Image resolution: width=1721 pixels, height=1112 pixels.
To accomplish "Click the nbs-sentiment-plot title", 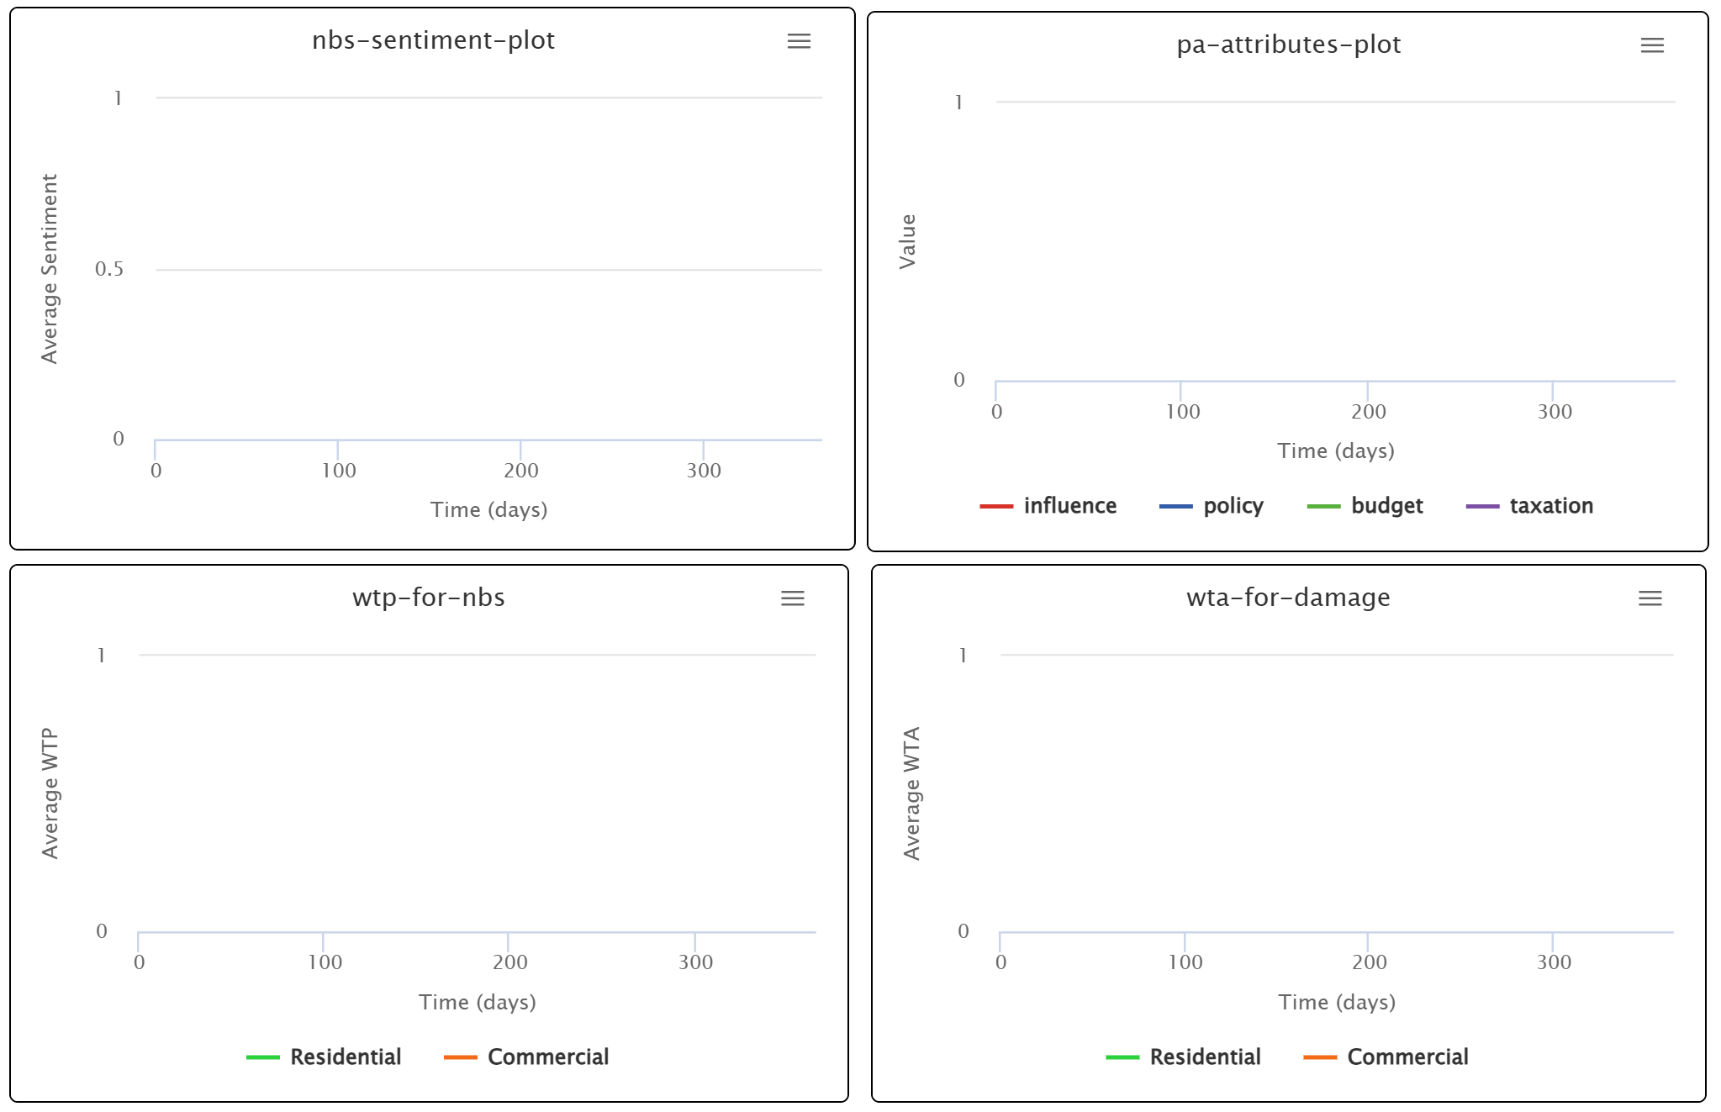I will pyautogui.click(x=433, y=40).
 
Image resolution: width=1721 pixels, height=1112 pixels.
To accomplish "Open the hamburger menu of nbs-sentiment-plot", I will pyautogui.click(x=799, y=41).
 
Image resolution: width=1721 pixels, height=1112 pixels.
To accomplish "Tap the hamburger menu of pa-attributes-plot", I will pyautogui.click(x=1652, y=45).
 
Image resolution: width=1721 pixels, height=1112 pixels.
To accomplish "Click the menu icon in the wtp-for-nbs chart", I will pyautogui.click(x=792, y=598).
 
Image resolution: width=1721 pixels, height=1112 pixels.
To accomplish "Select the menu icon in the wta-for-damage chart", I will pyautogui.click(x=1650, y=598).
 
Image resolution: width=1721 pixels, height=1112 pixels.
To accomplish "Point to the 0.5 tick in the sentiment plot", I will pyautogui.click(x=109, y=269).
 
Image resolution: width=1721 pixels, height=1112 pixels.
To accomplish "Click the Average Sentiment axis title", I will pyautogui.click(x=50, y=269).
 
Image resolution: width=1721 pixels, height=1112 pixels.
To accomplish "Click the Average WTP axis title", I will pyautogui.click(x=50, y=793).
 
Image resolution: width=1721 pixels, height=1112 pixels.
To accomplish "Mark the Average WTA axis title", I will pyautogui.click(x=911, y=793).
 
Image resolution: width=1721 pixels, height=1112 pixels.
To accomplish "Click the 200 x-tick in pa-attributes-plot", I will pyautogui.click(x=1368, y=412).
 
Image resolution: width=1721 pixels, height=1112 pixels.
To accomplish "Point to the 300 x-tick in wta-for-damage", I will pyautogui.click(x=1553, y=962).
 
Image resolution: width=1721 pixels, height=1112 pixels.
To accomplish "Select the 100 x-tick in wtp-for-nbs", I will pyautogui.click(x=325, y=962).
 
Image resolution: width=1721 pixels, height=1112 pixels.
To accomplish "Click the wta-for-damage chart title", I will pyautogui.click(x=1288, y=598).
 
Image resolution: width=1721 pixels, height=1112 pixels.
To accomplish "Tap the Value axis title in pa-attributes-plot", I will pyautogui.click(x=907, y=241).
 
